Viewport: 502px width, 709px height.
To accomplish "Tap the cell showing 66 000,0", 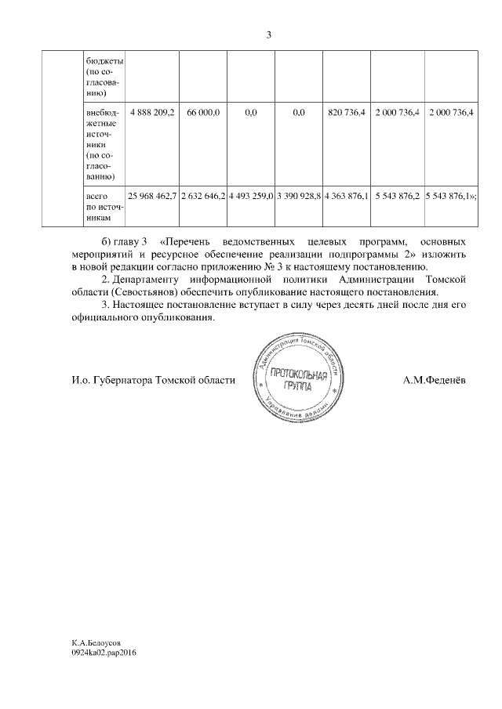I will coord(203,114).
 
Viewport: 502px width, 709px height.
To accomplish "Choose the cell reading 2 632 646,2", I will coord(203,194).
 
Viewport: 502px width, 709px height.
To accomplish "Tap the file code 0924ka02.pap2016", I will coord(104,651).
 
